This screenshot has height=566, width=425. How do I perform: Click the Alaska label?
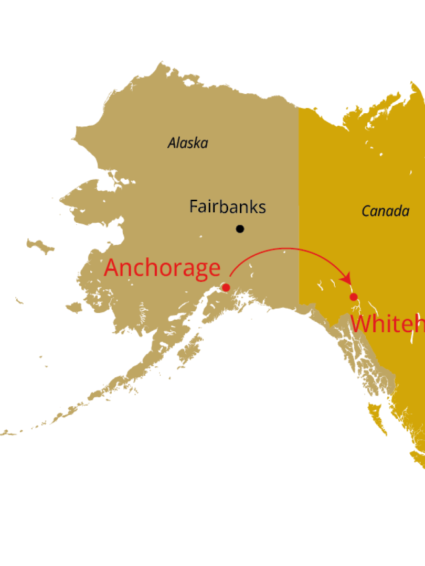188,143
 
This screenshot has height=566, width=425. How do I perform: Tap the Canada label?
386,211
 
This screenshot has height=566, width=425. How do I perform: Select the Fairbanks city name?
228,207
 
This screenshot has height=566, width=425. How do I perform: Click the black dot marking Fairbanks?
240,228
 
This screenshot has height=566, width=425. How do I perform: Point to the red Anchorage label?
162,268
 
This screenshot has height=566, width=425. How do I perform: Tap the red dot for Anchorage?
226,287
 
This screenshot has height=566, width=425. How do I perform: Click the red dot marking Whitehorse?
354,297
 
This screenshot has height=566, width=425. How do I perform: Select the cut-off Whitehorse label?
387,324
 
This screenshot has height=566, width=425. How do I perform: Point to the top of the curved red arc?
286,249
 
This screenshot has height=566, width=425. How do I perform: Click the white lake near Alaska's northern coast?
188,82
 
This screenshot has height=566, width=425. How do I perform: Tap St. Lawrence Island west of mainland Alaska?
40,245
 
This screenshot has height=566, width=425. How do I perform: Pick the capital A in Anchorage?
112,268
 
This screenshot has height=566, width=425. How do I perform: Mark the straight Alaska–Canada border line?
299,204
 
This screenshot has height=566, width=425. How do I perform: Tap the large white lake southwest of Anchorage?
176,317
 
